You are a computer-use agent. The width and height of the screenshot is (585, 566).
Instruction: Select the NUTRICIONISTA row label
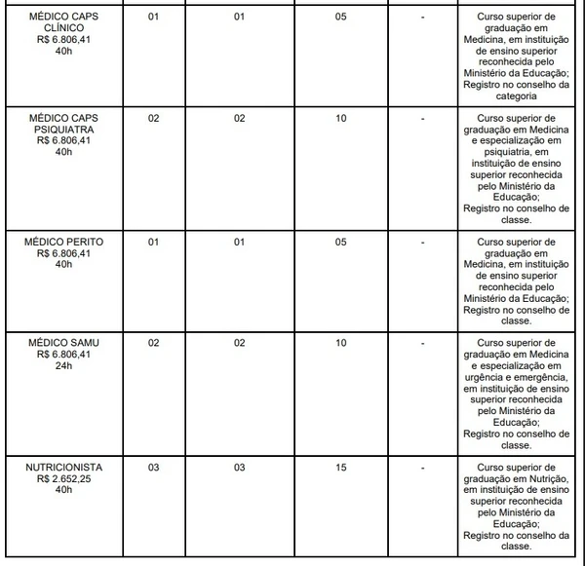click(x=63, y=468)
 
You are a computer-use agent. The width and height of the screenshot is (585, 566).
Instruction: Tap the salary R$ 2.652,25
click(x=63, y=480)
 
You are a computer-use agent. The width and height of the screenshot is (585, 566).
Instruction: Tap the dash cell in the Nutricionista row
click(x=422, y=468)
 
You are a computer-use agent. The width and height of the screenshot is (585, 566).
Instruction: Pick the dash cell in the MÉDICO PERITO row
click(x=422, y=241)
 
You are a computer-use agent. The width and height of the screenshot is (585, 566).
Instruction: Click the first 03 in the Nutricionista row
click(x=153, y=468)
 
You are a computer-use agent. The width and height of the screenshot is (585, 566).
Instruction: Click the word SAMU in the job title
click(x=83, y=344)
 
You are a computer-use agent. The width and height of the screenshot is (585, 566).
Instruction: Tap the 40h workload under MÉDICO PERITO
click(x=63, y=265)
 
